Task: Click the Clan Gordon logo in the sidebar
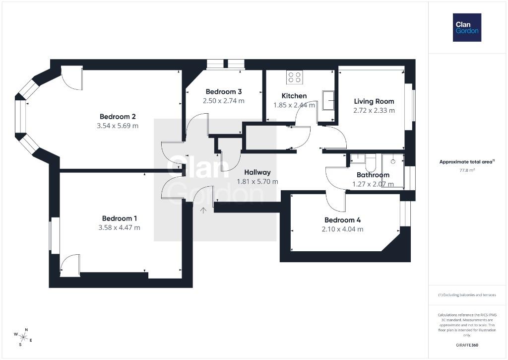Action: (467, 28)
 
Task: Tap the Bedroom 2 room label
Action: (118, 116)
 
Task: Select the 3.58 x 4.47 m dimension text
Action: (119, 228)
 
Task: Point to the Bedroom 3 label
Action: (224, 92)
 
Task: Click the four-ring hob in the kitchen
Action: (295, 77)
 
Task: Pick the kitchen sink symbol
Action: (329, 100)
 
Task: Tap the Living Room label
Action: (374, 101)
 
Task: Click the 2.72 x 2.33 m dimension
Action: (374, 111)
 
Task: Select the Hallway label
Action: (257, 172)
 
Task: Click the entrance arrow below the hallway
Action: (203, 211)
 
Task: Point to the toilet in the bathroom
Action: (371, 163)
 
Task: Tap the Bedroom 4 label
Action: (342, 220)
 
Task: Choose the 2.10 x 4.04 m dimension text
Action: (342, 229)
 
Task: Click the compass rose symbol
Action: (23, 338)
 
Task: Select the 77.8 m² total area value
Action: (467, 170)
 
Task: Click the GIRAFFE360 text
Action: (467, 345)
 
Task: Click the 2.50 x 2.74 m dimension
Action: (224, 101)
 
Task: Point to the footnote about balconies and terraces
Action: (467, 295)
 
